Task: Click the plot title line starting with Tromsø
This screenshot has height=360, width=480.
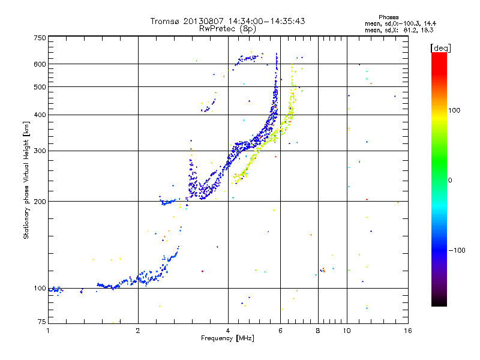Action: [x=227, y=21]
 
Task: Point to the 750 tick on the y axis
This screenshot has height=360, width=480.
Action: [x=40, y=38]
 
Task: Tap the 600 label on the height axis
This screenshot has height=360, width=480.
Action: [x=40, y=64]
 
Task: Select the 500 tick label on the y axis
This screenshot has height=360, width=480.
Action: [x=40, y=87]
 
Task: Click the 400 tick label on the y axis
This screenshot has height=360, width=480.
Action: [x=40, y=115]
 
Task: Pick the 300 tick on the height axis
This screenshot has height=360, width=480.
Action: [x=40, y=151]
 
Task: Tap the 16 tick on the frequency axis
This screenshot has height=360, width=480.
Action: [x=407, y=331]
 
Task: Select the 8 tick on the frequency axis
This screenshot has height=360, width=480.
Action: [x=318, y=331]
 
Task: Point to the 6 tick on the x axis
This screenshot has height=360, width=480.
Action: [x=280, y=331]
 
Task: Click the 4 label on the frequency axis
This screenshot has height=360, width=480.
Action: [x=228, y=331]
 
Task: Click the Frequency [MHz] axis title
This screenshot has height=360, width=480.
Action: [x=227, y=339]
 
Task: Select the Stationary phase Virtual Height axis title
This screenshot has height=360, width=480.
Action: [x=26, y=180]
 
